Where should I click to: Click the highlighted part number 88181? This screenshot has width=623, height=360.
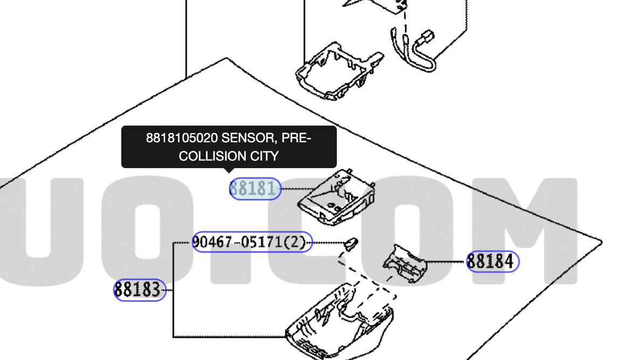pos(255,189)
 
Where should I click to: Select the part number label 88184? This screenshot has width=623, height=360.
pos(492,262)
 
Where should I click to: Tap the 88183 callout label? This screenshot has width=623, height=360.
pos(139,290)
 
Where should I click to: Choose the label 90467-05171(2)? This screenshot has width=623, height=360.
pos(252,243)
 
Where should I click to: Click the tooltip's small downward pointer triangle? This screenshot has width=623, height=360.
pos(229,171)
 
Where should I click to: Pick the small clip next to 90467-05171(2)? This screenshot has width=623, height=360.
pos(350,243)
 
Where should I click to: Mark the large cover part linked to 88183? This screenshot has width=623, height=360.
pos(340,323)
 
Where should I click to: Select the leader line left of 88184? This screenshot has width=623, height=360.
pos(446,262)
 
